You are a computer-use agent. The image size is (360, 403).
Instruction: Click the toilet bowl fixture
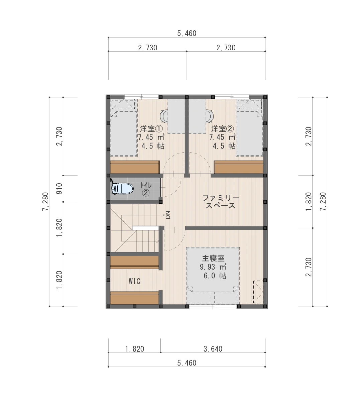[122, 188]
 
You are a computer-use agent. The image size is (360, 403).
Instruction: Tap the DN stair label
[168, 215]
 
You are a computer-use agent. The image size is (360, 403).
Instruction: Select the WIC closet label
[135, 281]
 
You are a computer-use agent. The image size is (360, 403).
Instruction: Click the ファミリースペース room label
[221, 202]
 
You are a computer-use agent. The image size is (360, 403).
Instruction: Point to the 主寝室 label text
[213, 258]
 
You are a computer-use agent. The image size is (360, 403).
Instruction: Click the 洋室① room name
[151, 129]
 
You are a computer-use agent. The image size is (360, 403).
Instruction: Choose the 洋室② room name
[222, 129]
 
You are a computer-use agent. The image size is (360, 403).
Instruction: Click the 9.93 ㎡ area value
[213, 267]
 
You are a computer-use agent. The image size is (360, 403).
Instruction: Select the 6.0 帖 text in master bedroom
[215, 276]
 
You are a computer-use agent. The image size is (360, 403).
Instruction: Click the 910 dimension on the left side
[59, 188]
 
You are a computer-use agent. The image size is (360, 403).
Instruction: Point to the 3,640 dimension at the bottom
[213, 349]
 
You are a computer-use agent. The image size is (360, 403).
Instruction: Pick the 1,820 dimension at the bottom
[135, 349]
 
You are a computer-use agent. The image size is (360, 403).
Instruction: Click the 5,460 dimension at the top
[187, 33]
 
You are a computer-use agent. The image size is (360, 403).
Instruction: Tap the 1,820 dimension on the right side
[309, 202]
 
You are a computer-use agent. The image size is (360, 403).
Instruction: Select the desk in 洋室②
[197, 116]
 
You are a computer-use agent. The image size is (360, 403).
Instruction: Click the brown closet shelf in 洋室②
[239, 167]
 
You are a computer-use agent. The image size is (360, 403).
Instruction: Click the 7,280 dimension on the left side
[45, 201]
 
